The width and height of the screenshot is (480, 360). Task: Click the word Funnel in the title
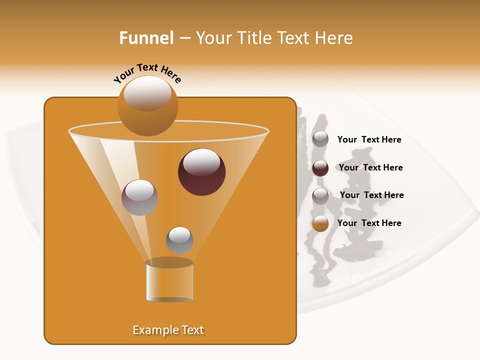point(146,38)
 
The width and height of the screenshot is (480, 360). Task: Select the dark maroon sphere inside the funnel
point(201,172)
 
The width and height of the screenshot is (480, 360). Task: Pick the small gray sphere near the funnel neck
point(179,240)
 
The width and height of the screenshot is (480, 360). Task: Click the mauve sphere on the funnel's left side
point(139,197)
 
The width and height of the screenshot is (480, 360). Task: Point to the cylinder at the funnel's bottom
point(169,281)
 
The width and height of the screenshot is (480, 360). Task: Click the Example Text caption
point(168,330)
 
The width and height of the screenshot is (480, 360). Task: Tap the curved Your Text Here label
point(147,73)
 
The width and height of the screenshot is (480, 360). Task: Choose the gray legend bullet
point(320,139)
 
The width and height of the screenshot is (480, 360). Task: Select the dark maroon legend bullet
point(320,168)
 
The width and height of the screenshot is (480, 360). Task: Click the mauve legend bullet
point(320,195)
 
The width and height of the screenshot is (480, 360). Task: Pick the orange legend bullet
point(320,223)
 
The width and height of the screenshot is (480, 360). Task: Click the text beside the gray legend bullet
point(369,139)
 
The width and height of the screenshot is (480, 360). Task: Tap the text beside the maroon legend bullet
point(370,167)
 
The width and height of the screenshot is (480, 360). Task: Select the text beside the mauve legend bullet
point(371,195)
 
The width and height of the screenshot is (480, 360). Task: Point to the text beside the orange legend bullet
point(369,223)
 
